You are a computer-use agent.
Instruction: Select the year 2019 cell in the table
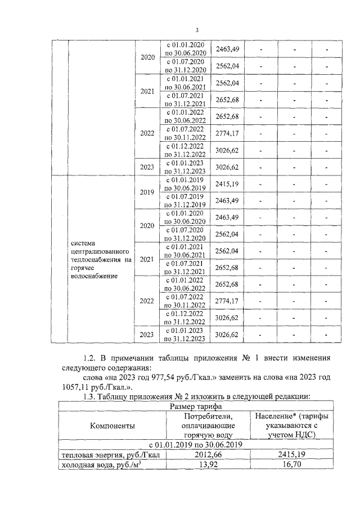[x=147, y=192]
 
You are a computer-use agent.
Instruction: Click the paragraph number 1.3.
[x=89, y=397]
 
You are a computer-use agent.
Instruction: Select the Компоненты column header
[x=112, y=426]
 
